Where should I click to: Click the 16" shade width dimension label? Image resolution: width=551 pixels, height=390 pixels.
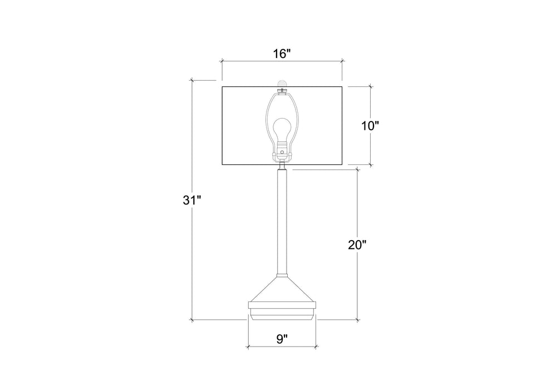tap(282, 54)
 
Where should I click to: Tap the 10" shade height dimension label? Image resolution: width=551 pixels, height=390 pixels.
tap(370, 125)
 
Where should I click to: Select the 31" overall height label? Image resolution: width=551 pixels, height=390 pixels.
tap(191, 200)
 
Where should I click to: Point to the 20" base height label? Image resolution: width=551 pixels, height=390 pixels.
tap(357, 245)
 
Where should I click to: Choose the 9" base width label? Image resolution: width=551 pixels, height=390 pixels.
tap(282, 339)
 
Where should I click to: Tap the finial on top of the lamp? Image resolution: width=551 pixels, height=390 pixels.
tap(282, 84)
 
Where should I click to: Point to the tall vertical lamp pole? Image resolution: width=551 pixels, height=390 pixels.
tap(282, 222)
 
